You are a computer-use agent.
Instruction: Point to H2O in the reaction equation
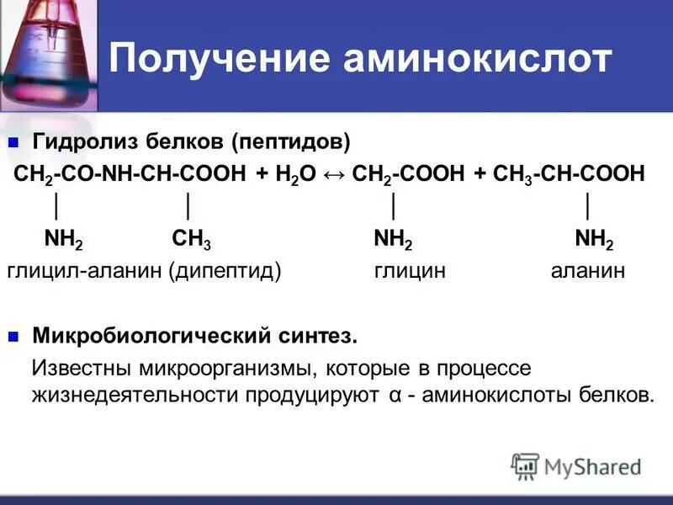299,174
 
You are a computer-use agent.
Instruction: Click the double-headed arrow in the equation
334,173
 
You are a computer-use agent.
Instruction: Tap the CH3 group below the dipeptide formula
192,242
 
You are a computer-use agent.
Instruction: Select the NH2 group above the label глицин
393,242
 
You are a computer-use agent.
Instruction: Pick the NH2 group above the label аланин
594,242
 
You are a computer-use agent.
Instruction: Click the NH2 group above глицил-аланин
64,242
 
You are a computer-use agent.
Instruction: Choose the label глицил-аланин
83,271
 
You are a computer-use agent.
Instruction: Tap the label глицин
409,271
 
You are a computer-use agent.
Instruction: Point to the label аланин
588,271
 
